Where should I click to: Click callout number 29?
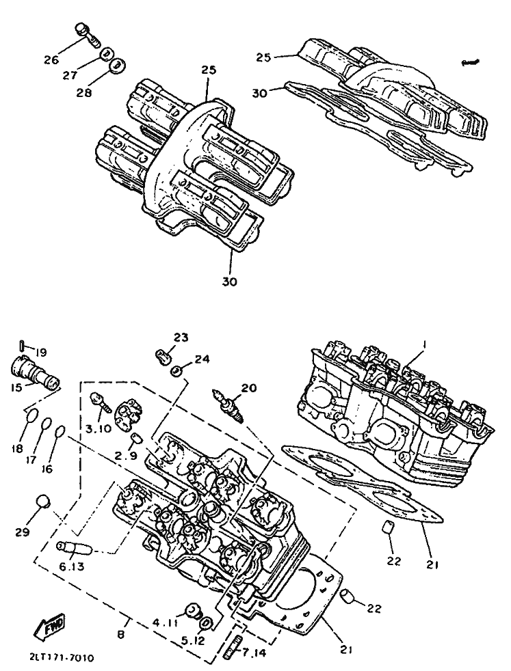pos(23,532)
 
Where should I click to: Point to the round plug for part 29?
pos(43,501)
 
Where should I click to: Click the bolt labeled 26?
pos(88,33)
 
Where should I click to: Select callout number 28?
pos(84,92)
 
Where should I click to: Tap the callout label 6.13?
pos(72,566)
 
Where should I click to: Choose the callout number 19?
pos(41,353)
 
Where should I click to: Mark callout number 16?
pos(48,469)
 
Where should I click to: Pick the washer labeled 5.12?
pos(206,622)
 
